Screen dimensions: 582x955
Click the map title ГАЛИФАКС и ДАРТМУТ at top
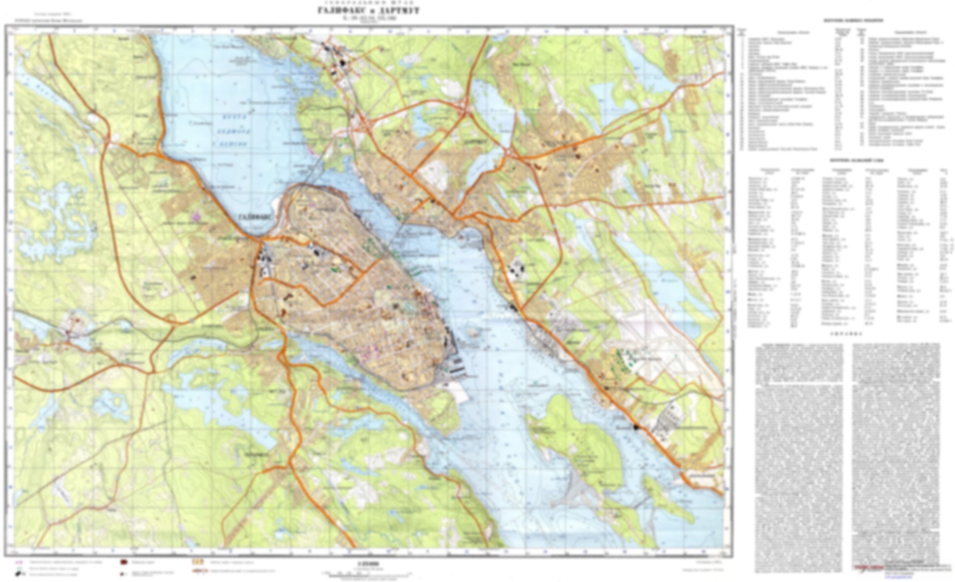(x=369, y=11)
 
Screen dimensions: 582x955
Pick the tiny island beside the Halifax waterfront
(x=473, y=332)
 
